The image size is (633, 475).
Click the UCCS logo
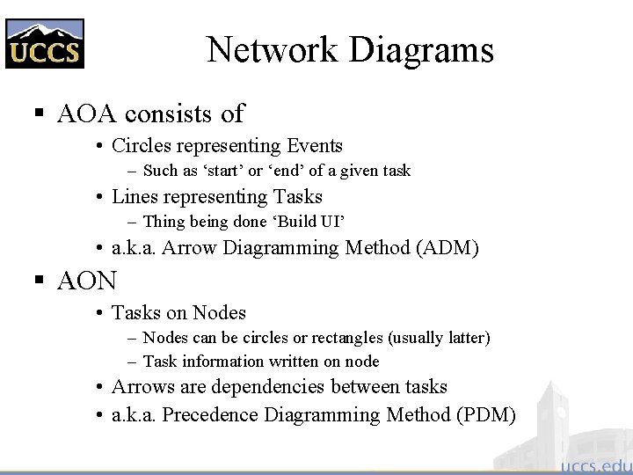click(44, 44)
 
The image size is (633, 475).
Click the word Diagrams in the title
click(421, 50)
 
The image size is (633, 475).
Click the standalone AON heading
click(87, 281)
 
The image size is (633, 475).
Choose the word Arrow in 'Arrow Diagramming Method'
click(191, 248)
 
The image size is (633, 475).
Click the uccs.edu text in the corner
click(595, 464)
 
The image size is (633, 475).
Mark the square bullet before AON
click(38, 281)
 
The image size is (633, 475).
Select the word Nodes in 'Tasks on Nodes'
click(220, 313)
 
